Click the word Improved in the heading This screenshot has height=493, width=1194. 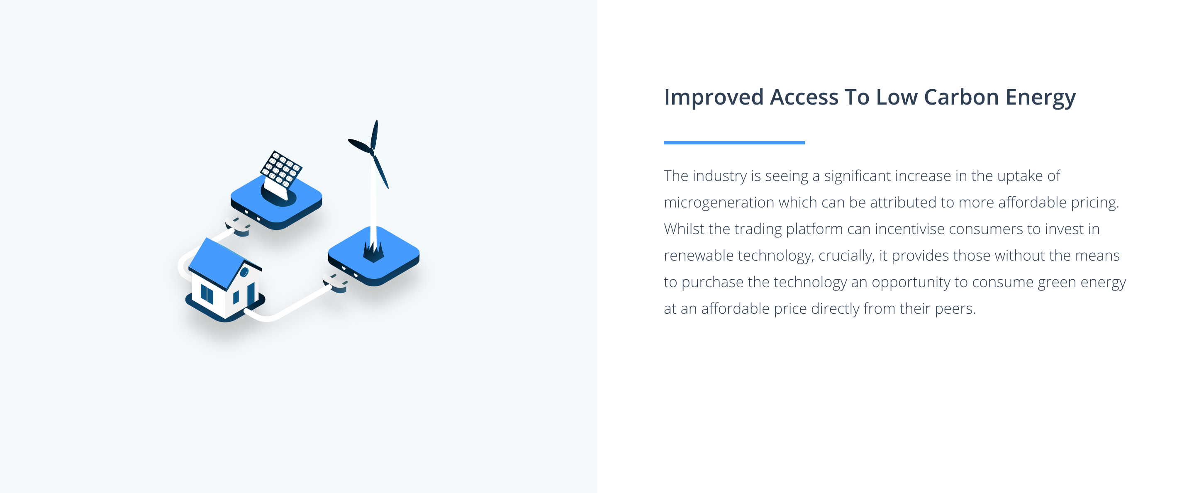[713, 98]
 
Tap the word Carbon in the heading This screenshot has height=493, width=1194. [961, 97]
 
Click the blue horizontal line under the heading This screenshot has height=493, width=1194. [734, 142]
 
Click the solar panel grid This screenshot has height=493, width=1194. [281, 169]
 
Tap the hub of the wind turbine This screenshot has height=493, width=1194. [372, 151]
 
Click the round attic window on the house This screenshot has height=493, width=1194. [244, 272]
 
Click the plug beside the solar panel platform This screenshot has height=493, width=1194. [238, 225]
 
